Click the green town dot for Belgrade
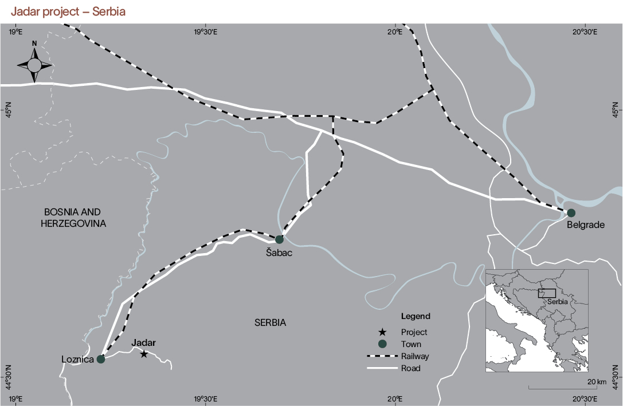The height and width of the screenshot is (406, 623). (571, 213)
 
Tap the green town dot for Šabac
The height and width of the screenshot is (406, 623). (279, 239)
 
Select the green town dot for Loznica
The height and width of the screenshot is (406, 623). (101, 359)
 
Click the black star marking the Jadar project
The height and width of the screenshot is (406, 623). (144, 354)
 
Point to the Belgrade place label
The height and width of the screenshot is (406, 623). (585, 225)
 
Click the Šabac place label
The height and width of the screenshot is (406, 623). (279, 253)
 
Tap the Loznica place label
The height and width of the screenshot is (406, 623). (77, 360)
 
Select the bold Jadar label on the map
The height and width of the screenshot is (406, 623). (143, 343)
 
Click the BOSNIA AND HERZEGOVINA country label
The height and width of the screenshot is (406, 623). (74, 217)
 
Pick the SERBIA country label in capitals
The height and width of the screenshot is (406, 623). (270, 323)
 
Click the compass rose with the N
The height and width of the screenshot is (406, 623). (34, 64)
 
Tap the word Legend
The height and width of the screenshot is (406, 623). (416, 316)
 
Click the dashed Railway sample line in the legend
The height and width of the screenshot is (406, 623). (382, 356)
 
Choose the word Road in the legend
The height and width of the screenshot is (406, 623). (410, 368)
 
